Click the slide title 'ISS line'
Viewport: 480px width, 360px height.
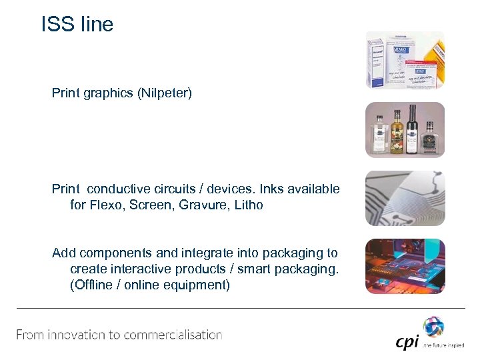click(77, 25)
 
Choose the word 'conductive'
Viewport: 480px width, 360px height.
click(119, 189)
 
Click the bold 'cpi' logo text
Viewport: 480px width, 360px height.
click(407, 342)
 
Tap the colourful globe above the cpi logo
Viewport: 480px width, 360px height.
click(433, 327)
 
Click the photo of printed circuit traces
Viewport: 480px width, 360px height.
click(405, 198)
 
